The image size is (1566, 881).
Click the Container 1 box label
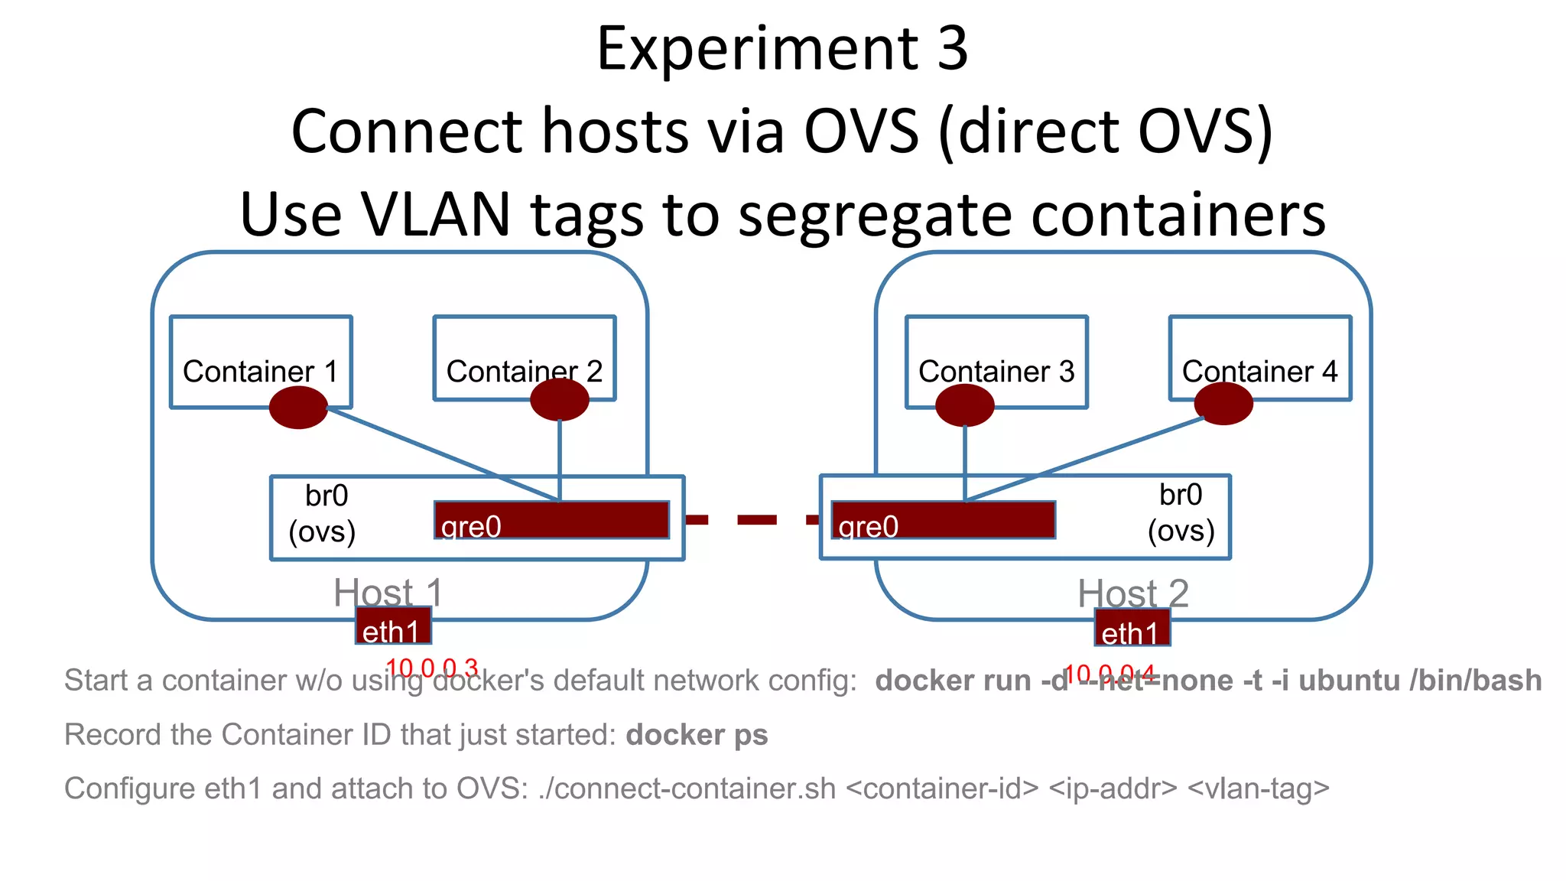click(x=260, y=372)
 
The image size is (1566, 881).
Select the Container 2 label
click(x=524, y=372)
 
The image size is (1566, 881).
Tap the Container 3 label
click(x=996, y=372)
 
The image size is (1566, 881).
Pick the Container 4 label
click(x=1259, y=372)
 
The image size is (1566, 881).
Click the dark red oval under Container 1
click(x=298, y=407)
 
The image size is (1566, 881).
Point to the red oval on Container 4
click(x=1223, y=404)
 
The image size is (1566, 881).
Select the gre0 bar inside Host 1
click(x=551, y=521)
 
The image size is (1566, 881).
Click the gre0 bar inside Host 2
click(x=943, y=521)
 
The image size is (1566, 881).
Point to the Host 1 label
click(x=388, y=593)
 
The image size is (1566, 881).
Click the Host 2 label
click(x=1132, y=593)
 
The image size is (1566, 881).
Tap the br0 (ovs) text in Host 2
click(x=1181, y=513)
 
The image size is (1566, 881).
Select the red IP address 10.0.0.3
click(x=432, y=668)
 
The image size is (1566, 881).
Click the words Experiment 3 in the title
click(x=781, y=49)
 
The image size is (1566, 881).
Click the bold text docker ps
click(x=697, y=735)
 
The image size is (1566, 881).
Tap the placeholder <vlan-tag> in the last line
click(x=1258, y=788)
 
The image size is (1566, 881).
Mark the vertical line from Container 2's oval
click(x=560, y=459)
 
